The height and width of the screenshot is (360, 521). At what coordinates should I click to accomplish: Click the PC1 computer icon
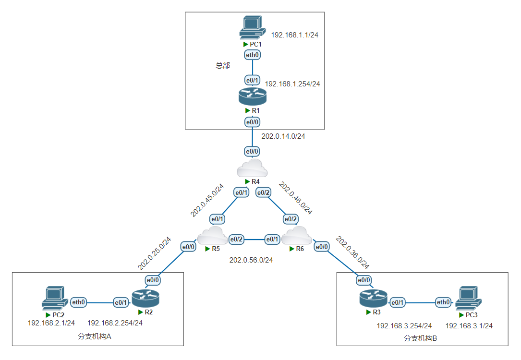(x=253, y=28)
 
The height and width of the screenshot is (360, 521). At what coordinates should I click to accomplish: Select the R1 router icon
(x=252, y=96)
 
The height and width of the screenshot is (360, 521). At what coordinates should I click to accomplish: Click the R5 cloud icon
(x=212, y=236)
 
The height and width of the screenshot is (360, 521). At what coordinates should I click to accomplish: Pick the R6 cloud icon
(x=296, y=236)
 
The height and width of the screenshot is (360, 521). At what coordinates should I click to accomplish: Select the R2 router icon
(x=145, y=299)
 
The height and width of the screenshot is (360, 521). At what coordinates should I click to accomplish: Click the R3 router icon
(x=373, y=299)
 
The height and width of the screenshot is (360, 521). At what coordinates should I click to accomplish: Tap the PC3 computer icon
(x=468, y=298)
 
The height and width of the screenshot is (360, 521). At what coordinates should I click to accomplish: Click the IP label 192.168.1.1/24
(x=295, y=35)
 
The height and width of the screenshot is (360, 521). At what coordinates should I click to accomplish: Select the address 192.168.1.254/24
(x=292, y=84)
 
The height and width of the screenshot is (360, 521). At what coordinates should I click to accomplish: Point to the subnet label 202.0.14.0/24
(x=283, y=136)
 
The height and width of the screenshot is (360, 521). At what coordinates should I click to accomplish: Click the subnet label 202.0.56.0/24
(x=251, y=260)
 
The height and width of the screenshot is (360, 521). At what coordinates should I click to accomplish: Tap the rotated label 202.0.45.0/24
(x=207, y=200)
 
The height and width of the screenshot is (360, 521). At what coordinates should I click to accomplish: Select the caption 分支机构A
(x=94, y=336)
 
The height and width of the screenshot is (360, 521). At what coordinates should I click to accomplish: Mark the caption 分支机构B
(x=420, y=338)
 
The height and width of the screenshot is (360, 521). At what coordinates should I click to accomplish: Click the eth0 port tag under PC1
(x=253, y=55)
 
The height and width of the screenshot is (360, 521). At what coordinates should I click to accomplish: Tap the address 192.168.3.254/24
(x=404, y=326)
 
